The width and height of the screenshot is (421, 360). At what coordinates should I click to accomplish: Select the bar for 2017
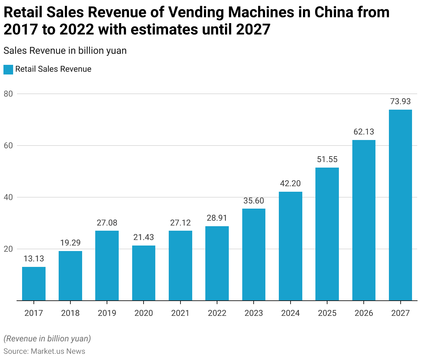[x=34, y=284]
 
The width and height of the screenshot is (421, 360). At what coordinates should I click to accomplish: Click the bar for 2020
[x=144, y=273]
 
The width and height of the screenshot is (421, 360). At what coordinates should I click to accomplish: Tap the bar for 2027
[x=400, y=205]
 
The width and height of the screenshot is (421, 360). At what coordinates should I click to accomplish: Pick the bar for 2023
[x=254, y=254]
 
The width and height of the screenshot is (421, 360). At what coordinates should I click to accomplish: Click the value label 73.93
[x=400, y=101]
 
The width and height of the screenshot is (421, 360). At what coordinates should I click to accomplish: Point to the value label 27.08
[x=107, y=223]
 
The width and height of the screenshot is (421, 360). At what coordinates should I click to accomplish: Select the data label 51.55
[x=327, y=159]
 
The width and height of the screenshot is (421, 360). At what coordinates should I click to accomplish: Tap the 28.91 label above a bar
[x=217, y=218]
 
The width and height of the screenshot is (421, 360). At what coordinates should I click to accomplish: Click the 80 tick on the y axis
[x=8, y=94]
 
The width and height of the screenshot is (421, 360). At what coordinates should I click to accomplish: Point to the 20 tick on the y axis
[x=8, y=249]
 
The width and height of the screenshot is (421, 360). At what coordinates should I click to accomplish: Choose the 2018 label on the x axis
[x=70, y=313]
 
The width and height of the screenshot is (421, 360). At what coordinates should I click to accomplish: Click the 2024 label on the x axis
[x=290, y=313]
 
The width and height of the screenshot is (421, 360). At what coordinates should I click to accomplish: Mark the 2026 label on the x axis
[x=364, y=313]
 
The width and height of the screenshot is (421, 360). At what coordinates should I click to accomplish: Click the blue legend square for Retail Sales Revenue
[x=8, y=69]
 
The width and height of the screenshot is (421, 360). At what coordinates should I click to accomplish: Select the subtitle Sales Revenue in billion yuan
[x=65, y=51]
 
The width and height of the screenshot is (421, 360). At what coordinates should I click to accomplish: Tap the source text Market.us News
[x=58, y=351]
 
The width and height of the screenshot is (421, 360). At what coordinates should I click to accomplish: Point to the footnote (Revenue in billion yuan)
[x=47, y=339]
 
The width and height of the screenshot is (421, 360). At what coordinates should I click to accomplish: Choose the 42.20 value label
[x=290, y=183]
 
